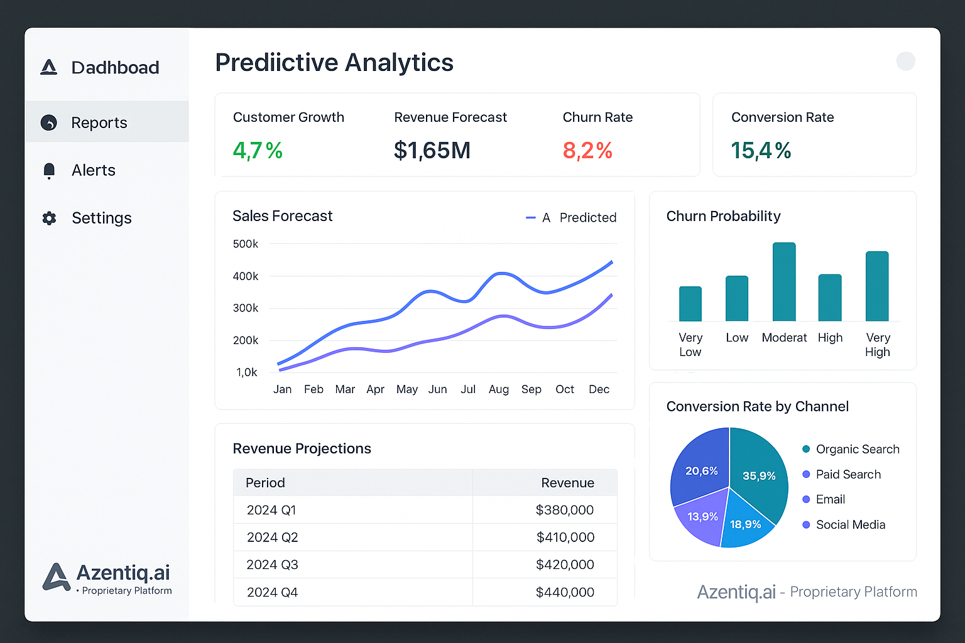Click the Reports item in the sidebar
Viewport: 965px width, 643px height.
coord(99,122)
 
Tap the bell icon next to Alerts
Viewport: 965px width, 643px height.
coord(49,170)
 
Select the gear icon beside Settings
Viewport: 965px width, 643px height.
coord(49,218)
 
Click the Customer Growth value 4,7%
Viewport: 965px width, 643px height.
coord(258,151)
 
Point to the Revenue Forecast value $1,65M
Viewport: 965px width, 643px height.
coord(432,151)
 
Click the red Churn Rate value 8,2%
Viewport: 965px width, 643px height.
coord(587,151)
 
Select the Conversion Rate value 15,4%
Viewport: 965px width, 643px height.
coord(761,151)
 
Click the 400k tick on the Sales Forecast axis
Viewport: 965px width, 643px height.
coord(245,276)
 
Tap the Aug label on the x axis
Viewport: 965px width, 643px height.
coord(499,389)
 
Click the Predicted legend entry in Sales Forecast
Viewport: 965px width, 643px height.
coord(587,218)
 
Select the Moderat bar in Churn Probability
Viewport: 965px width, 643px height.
coord(784,283)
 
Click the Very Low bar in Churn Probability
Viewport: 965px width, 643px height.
coord(690,304)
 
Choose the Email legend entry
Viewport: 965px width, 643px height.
coord(829,499)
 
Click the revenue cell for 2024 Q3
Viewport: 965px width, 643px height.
coord(564,565)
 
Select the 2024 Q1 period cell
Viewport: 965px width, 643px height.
coord(271,510)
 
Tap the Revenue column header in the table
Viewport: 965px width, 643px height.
coord(567,483)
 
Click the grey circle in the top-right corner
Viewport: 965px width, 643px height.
coord(905,62)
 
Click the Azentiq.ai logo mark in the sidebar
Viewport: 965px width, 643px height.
coord(57,576)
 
